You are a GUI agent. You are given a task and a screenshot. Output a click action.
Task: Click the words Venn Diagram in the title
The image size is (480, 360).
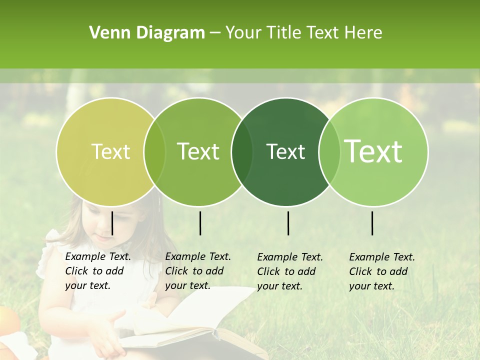[x=147, y=32]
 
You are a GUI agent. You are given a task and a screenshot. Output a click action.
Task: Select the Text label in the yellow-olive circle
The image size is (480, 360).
[x=110, y=151]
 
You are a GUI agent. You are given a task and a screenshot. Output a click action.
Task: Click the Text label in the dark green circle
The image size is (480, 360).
[x=285, y=151]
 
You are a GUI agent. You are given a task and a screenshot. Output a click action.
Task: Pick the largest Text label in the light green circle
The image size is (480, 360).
[x=373, y=151]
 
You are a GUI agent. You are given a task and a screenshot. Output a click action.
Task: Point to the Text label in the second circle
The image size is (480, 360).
[x=198, y=151]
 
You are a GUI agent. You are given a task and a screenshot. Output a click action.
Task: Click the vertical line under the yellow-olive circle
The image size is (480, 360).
[x=112, y=223]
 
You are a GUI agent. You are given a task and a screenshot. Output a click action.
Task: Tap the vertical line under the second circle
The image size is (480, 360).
[x=200, y=223]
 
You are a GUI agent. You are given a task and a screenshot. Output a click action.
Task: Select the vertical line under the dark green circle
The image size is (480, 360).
[x=288, y=223]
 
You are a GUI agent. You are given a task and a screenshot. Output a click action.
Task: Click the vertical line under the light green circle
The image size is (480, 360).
[x=372, y=223]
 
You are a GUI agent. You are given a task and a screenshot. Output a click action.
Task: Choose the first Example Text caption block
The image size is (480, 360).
[x=97, y=271]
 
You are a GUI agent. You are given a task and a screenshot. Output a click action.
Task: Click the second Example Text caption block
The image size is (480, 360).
[x=197, y=271]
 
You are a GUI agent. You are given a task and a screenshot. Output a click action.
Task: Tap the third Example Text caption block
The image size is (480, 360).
[x=289, y=271]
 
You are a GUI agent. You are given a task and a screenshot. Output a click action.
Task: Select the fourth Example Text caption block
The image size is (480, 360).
[x=381, y=271]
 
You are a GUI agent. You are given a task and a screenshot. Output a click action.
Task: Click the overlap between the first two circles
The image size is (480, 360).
[x=154, y=151]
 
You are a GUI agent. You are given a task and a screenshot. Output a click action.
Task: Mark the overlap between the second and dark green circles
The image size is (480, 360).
[x=242, y=151]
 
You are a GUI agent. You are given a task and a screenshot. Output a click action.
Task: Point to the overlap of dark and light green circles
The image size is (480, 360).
[x=329, y=151]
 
